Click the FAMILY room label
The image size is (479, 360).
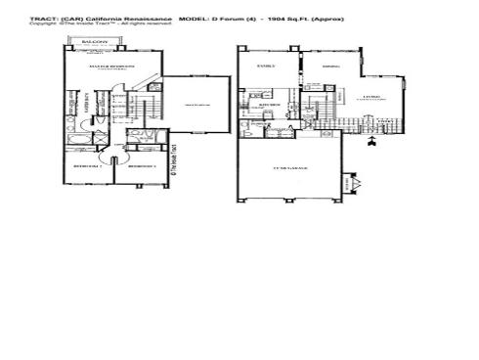265,67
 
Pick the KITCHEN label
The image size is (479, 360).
275,102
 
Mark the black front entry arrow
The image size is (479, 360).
372,144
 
